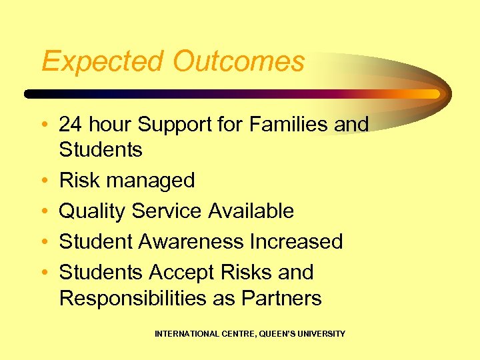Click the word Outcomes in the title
click(x=239, y=62)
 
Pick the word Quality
click(x=93, y=211)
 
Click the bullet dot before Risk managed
click(x=44, y=181)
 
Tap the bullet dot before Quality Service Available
click(x=44, y=211)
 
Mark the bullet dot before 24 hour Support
click(x=44, y=125)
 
